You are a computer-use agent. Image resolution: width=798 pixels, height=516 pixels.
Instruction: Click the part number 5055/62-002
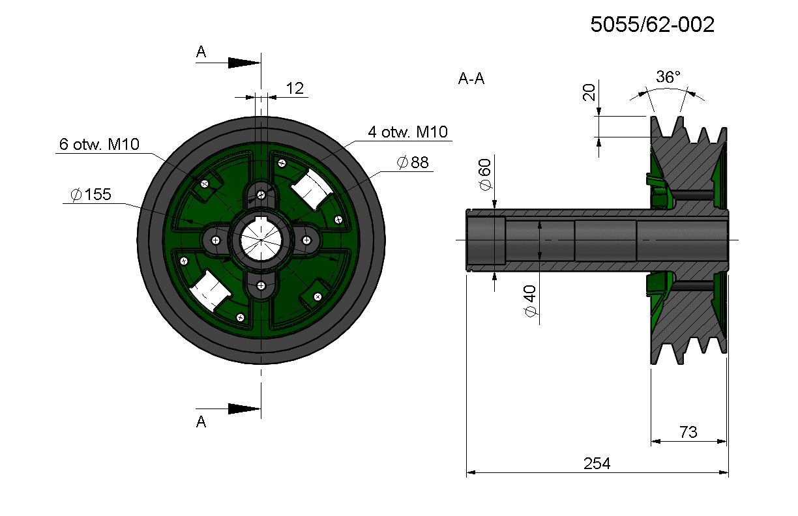point(653,25)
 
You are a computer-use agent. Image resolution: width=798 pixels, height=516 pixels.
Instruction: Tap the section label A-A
point(471,78)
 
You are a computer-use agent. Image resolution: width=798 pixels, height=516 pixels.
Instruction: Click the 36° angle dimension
point(668,77)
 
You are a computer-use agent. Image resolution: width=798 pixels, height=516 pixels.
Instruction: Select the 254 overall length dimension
point(597,463)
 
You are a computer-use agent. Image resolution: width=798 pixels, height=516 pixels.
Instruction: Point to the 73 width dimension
point(688,432)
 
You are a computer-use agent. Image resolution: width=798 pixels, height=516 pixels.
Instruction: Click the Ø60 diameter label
point(485,175)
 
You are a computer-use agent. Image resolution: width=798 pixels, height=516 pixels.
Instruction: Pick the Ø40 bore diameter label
point(531,301)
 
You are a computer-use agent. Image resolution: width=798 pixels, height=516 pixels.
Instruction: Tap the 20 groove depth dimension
point(589,93)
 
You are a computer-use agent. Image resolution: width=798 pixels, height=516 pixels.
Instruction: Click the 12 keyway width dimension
point(295,89)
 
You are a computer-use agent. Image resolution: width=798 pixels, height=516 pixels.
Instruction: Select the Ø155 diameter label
point(91,194)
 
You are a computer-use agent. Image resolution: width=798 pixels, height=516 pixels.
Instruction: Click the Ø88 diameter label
point(413,162)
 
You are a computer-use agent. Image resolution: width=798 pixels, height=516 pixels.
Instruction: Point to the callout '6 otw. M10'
point(99,144)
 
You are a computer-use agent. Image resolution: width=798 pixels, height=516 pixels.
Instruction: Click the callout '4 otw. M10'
point(407,132)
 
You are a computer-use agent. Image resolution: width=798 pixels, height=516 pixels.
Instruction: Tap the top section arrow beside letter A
point(244,63)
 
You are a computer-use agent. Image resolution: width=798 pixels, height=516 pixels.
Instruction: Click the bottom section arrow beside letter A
point(244,408)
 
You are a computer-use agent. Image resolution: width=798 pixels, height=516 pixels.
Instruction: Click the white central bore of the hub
point(261,240)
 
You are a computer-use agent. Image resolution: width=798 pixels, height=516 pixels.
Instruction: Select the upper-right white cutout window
point(312,189)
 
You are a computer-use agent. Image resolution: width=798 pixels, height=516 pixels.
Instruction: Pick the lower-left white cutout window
point(210,291)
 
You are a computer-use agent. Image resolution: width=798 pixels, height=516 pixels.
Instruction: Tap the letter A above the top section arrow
point(201,52)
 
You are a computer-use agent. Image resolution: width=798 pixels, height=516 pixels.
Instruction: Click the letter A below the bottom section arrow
point(201,422)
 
